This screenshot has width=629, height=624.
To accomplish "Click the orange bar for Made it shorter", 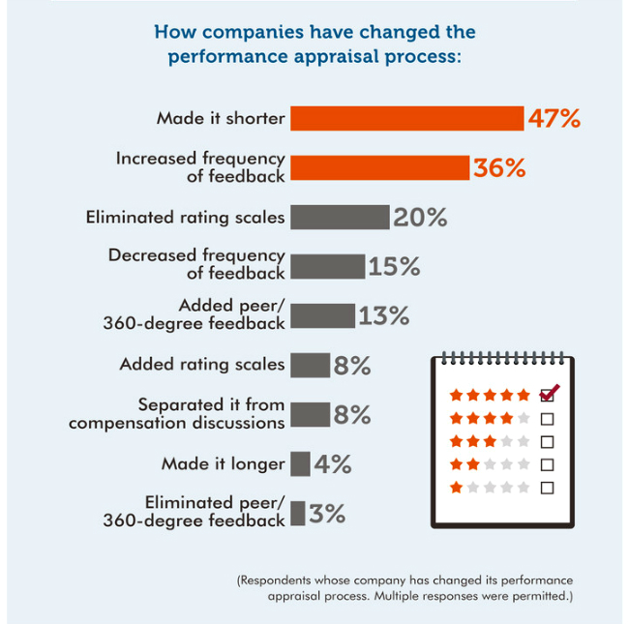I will [406, 118].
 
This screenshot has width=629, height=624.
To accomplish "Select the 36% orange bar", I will [379, 167].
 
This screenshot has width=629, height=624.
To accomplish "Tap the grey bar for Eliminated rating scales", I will [340, 217].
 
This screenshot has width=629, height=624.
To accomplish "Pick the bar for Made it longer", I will [300, 463].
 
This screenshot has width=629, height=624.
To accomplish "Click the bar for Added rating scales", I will [310, 365].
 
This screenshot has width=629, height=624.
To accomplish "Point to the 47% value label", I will [554, 119].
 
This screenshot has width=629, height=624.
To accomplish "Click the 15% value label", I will [394, 267].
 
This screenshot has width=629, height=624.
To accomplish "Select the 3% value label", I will [328, 514].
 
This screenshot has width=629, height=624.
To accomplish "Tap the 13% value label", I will [384, 315].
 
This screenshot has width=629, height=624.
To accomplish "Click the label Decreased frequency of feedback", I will [196, 264].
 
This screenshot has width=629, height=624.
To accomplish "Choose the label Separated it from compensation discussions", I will [177, 413].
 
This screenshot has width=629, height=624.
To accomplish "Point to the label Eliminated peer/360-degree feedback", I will [195, 512].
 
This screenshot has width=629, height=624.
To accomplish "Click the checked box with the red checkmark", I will [548, 395].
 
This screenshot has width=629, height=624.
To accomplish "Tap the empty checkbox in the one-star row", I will [547, 488].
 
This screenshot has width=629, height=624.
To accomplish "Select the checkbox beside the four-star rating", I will [547, 419].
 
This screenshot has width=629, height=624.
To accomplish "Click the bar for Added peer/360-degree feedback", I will [323, 315].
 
